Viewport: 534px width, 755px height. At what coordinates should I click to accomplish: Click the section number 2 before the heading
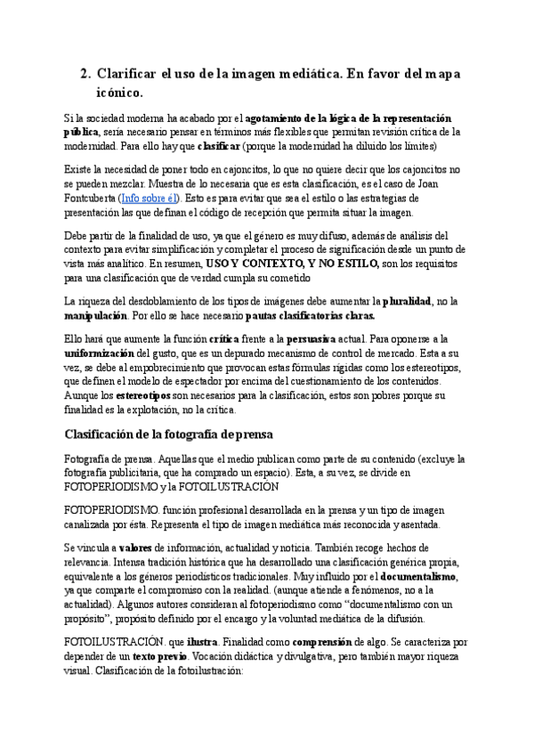click(85, 75)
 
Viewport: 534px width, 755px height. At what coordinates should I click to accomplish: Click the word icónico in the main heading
click(119, 92)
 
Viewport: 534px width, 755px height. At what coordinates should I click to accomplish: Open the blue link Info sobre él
click(150, 198)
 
